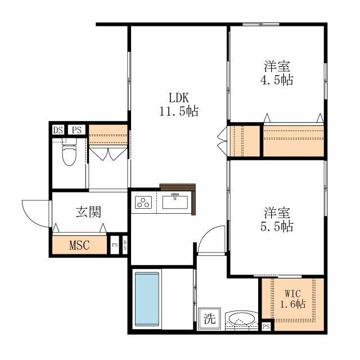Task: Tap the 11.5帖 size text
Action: click(177, 110)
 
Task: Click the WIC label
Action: click(292, 292)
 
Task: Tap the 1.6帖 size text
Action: click(292, 305)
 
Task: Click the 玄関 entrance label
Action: click(88, 212)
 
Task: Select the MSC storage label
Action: click(79, 245)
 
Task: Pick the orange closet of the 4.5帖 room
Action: click(294, 141)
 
